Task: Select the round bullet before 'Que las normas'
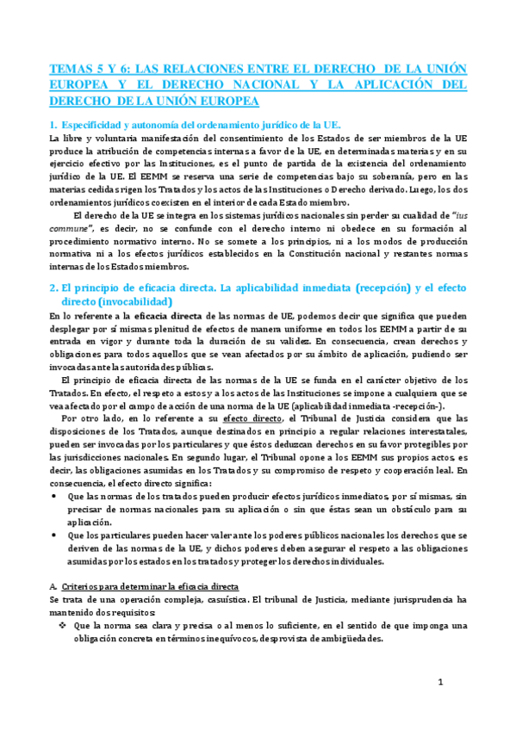[x=56, y=497]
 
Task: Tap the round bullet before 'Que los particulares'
[x=56, y=535]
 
